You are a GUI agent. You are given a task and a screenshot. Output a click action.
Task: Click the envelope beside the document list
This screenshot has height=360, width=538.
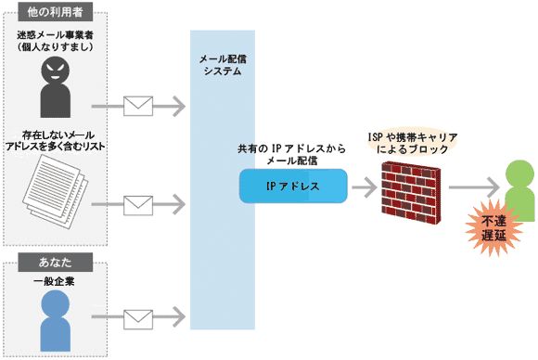click(138, 201)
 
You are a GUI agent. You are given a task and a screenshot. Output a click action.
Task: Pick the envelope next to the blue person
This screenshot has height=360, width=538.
click(138, 318)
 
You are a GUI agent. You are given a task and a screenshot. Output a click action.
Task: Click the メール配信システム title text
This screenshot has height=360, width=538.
click(223, 63)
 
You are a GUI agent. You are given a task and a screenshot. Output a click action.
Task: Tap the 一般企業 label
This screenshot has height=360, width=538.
click(55, 276)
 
